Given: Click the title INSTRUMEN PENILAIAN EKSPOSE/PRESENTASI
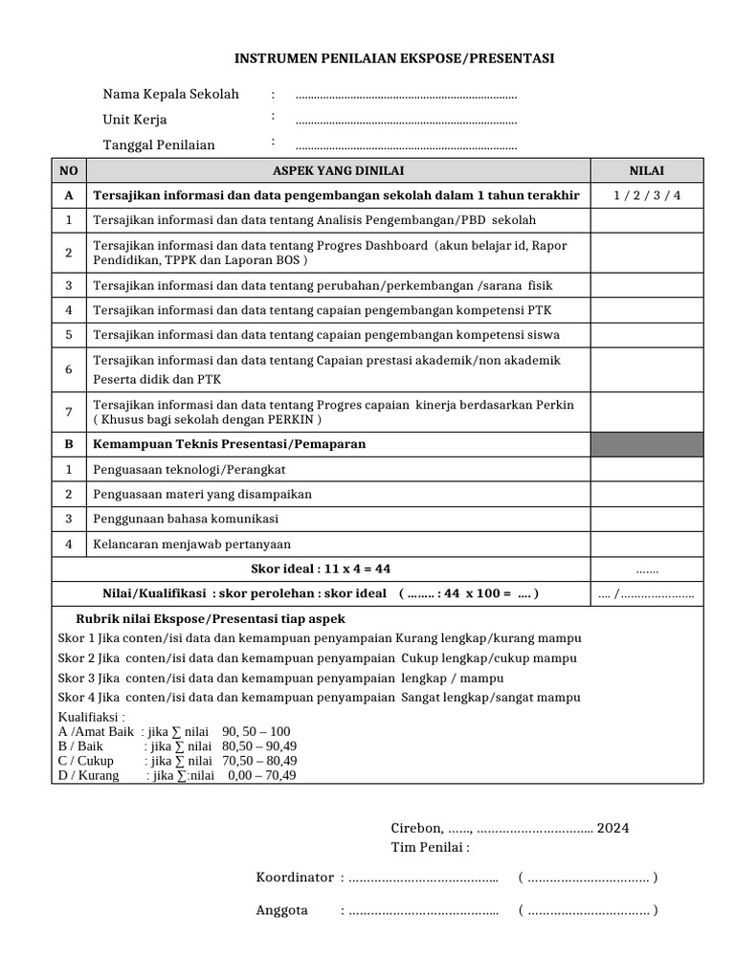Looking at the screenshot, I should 394,59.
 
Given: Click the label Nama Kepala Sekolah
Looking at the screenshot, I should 171,95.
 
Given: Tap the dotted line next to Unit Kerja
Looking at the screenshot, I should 406,121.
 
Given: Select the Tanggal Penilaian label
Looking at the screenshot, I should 159,145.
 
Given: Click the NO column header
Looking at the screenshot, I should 68,170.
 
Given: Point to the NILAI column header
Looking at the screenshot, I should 646,170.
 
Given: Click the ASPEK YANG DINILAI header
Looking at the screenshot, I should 338,170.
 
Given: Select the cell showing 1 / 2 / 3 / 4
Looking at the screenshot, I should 646,195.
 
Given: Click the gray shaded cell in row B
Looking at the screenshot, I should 646,444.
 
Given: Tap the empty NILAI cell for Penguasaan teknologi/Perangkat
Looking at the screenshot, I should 646,469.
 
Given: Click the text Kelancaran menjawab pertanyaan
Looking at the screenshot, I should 191,544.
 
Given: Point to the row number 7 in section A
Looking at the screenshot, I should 68,412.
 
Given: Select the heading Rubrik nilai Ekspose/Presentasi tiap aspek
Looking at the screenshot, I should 211,619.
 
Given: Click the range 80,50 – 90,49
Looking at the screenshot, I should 258,746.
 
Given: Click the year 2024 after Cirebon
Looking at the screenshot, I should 612,829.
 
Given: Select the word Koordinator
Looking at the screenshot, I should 295,878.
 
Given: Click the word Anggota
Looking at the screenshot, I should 281,910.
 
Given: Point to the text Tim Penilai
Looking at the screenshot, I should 430,848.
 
